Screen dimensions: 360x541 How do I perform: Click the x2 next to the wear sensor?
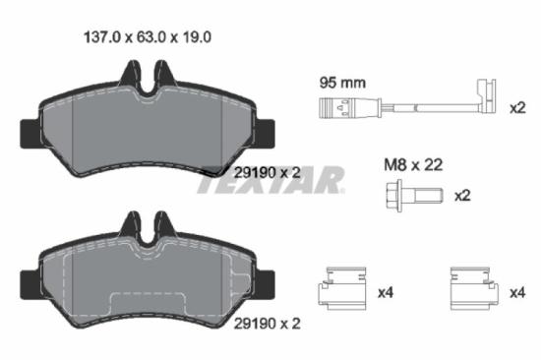[x=518, y=107]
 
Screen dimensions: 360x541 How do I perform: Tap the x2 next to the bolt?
[x=462, y=196]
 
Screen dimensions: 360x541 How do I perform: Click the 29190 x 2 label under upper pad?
[x=267, y=172]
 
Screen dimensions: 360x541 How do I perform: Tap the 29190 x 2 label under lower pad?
[x=267, y=321]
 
